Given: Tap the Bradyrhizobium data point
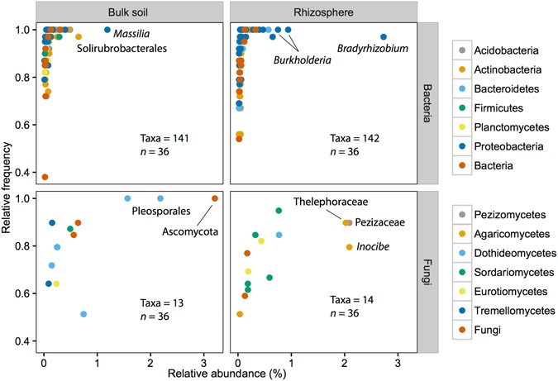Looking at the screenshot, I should pyautogui.click(x=383, y=37).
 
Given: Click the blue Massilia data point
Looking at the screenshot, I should pyautogui.click(x=107, y=31).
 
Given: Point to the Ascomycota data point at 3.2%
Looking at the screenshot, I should pyautogui.click(x=215, y=198).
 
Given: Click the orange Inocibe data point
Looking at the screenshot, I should pyautogui.click(x=350, y=247).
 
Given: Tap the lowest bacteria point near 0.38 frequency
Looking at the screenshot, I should pyautogui.click(x=45, y=177).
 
